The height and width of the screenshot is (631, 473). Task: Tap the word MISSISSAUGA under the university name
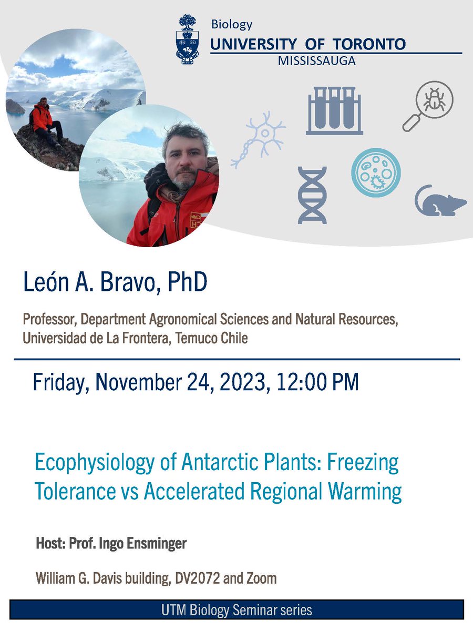tap(316, 61)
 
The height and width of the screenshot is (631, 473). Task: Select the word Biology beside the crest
tap(231, 24)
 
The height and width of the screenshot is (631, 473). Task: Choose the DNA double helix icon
tap(312, 194)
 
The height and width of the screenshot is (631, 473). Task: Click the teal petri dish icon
tap(375, 172)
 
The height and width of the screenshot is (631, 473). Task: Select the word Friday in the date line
tap(62, 382)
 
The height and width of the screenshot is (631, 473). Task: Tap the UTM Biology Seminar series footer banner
tap(236, 610)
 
